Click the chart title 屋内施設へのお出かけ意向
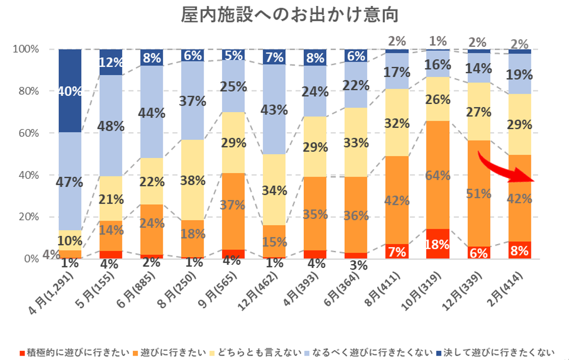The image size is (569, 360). (290, 15)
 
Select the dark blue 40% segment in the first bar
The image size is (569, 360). (70, 91)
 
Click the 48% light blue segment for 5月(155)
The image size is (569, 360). (111, 126)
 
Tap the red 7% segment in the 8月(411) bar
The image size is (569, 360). (396, 252)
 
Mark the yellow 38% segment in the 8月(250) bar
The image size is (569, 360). (193, 180)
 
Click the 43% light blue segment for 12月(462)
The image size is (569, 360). (274, 109)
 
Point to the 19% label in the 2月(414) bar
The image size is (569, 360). (519, 74)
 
